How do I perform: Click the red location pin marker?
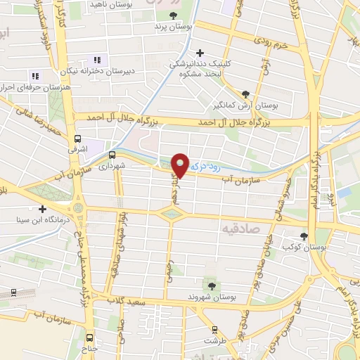point(181,165)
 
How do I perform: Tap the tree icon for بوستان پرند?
point(175,15)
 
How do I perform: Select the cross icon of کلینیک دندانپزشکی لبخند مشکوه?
point(200,53)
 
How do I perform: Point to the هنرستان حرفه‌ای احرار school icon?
point(34,76)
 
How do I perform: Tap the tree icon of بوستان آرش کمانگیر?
point(245,94)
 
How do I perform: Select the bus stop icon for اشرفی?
point(77,139)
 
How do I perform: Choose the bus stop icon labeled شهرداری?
point(112,155)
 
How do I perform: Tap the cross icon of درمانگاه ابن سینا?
point(44,209)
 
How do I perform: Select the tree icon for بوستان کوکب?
point(303,237)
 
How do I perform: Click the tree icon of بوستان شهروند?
point(210,285)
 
